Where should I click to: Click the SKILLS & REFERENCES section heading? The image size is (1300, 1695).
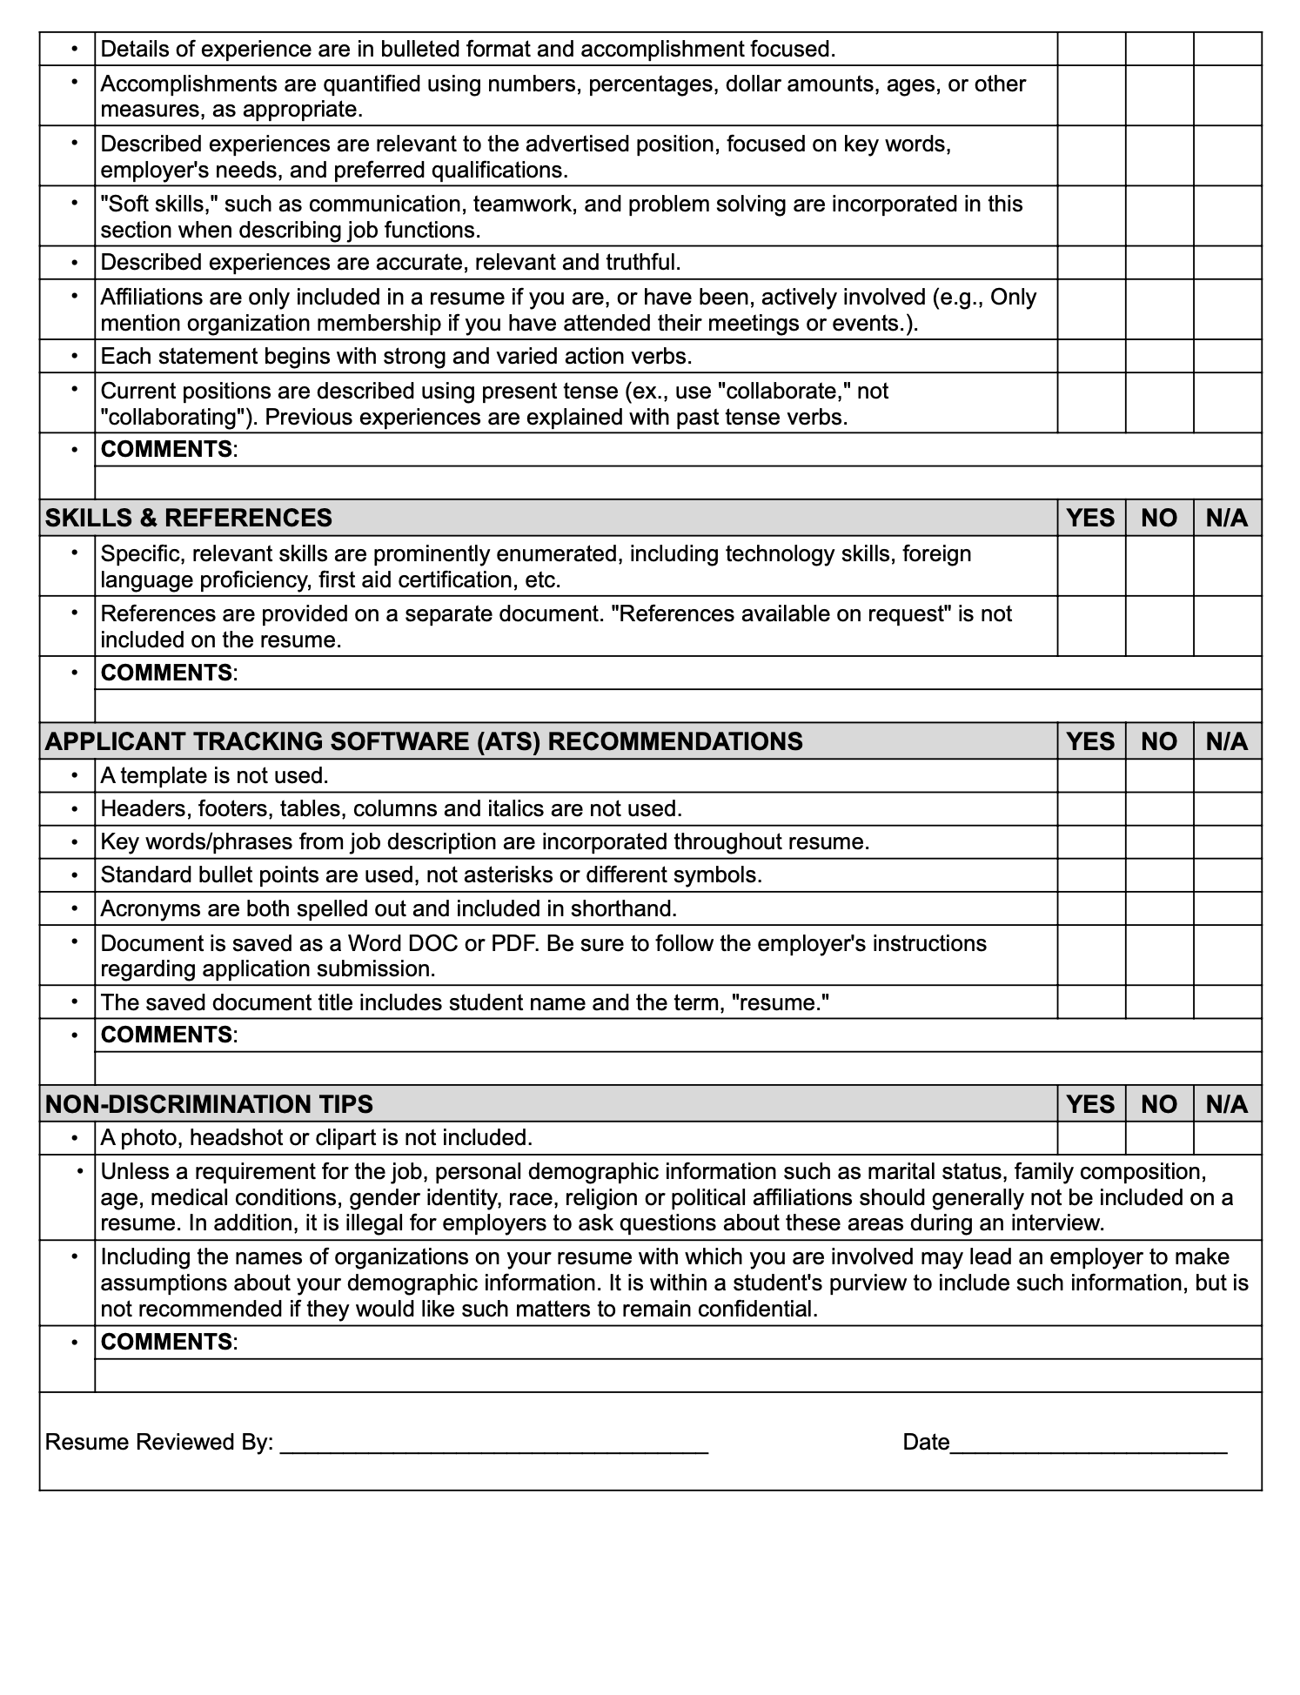(188, 518)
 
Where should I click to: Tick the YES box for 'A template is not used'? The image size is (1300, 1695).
(1091, 775)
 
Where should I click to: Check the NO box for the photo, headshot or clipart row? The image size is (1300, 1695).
(1159, 1137)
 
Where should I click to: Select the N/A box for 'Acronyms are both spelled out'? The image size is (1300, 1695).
(1227, 908)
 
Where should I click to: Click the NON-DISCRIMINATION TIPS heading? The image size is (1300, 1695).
(209, 1104)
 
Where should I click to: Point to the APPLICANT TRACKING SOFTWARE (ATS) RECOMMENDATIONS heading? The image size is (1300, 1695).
(424, 741)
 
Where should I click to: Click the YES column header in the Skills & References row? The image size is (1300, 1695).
(1091, 518)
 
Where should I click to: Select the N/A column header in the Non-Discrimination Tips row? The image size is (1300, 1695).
(1227, 1104)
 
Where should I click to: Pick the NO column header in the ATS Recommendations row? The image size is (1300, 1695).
(1159, 741)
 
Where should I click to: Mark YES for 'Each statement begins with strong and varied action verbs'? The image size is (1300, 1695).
(1091, 356)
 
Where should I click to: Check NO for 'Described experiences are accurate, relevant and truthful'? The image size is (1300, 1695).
(1159, 262)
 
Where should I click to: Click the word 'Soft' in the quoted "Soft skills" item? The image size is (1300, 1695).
(126, 204)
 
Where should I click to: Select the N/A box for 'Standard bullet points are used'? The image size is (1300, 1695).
(1227, 874)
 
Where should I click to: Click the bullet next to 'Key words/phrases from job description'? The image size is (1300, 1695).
(75, 841)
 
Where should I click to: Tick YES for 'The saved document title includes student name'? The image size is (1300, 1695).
(1091, 1002)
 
